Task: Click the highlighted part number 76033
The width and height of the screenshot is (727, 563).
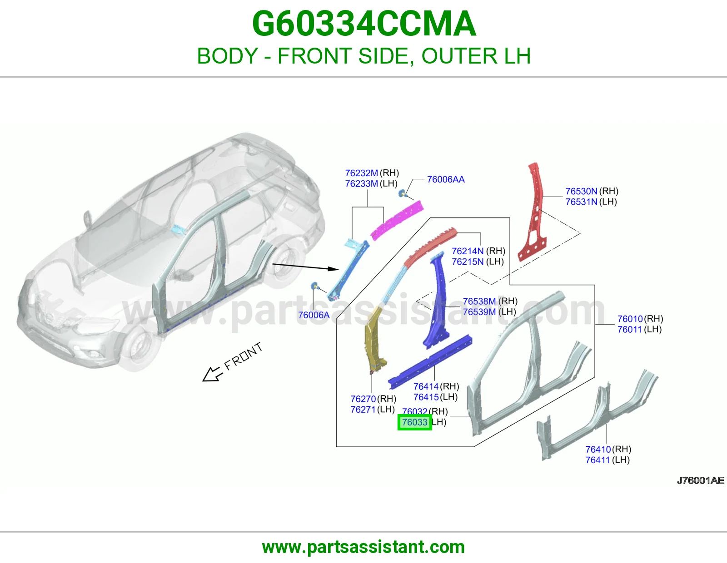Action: point(415,422)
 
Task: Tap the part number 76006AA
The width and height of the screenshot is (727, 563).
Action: point(446,179)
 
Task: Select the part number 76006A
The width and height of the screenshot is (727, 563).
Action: point(314,315)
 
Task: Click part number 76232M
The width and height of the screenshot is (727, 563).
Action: point(361,173)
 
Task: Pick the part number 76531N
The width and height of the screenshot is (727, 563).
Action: point(581,202)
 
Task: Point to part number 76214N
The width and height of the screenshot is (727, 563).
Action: point(468,251)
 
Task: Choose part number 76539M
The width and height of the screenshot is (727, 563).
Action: point(479,312)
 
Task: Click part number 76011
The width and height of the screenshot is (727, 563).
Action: point(630,329)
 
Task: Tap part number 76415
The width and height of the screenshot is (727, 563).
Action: point(426,397)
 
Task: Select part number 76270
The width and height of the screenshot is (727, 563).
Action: point(363,399)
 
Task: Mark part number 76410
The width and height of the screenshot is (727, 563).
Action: point(598,449)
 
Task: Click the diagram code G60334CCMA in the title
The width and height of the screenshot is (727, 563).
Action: point(364,24)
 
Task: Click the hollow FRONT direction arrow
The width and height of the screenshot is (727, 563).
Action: point(211,374)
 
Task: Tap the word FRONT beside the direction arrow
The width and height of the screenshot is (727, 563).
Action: point(243,356)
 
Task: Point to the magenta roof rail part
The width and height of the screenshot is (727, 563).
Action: point(398,220)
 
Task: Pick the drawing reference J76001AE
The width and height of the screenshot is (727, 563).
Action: point(700,480)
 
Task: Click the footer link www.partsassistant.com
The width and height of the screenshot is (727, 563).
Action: point(363,547)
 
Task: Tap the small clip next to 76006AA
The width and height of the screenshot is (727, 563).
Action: point(402,193)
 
